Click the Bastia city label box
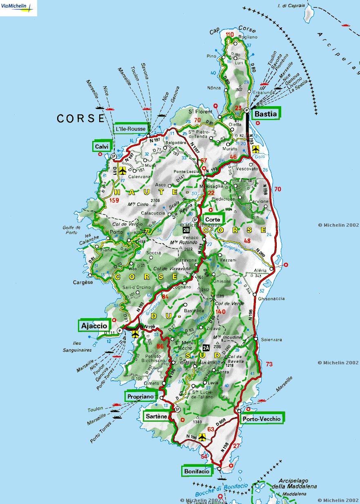point(266,114)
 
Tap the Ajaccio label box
point(94,326)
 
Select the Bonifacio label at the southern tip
point(196,471)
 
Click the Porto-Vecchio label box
point(261,418)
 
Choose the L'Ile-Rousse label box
point(130,129)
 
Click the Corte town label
point(213,220)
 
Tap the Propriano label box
point(140,396)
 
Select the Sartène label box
point(156,416)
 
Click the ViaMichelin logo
point(18,8)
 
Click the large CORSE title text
point(81,118)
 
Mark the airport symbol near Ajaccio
point(136,334)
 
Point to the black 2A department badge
point(206,348)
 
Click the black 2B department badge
point(186,230)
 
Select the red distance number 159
point(114,201)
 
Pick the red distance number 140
point(221,312)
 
